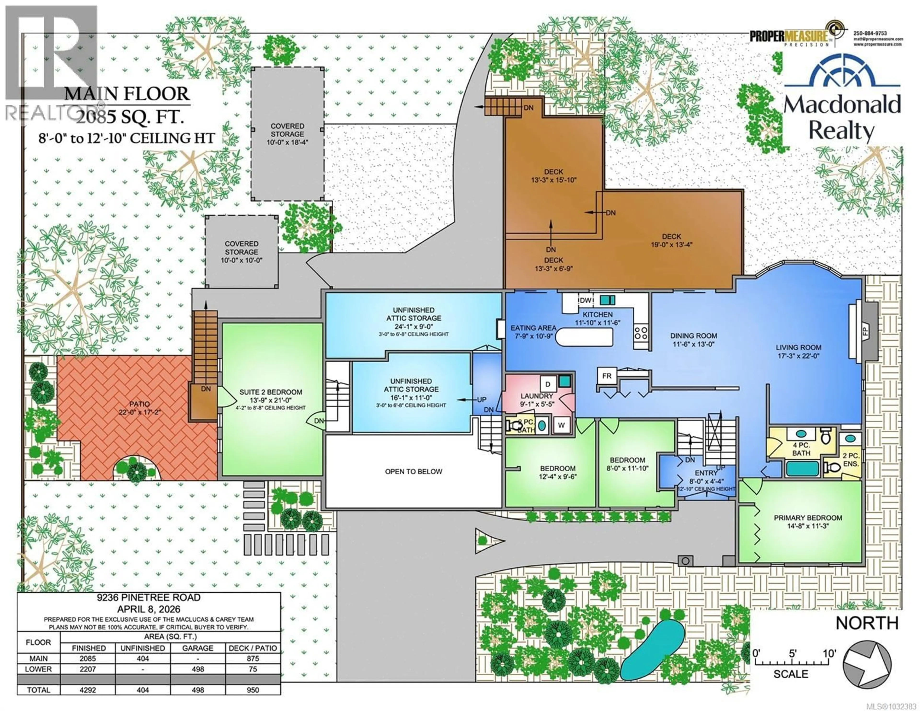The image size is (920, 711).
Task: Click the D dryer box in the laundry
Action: tap(548, 384)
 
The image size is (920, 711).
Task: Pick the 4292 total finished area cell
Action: tap(88, 690)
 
